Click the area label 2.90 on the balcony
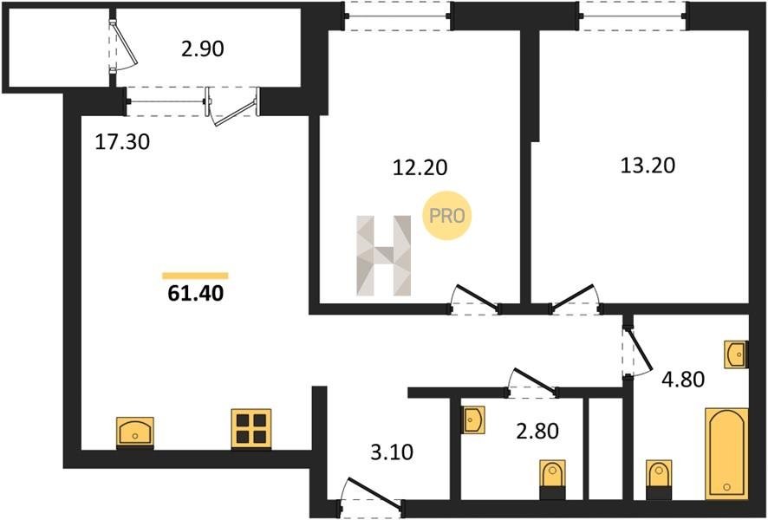[202, 49]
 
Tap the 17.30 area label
[122, 142]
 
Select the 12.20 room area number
[420, 167]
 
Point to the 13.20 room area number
[648, 166]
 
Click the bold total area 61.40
[195, 293]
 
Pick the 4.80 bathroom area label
[683, 379]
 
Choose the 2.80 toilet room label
[537, 432]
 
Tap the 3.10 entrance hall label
[391, 452]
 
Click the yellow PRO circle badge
[446, 216]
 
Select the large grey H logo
[383, 256]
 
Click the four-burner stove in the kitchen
[251, 428]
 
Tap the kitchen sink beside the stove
[134, 432]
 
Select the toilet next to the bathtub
[659, 479]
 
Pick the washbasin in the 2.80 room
[473, 419]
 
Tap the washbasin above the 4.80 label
[737, 354]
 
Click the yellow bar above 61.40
[195, 276]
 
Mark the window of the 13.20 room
[633, 16]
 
